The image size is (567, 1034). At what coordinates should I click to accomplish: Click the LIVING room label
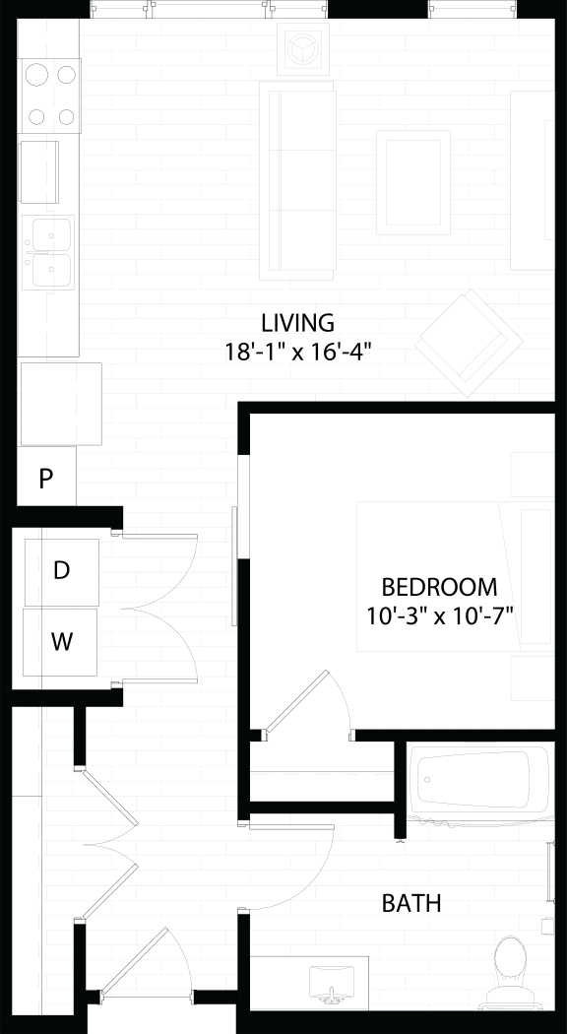298,323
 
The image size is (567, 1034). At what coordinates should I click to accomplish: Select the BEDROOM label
439,586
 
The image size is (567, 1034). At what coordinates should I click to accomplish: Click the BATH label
411,903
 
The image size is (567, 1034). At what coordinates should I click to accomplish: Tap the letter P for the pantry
45,479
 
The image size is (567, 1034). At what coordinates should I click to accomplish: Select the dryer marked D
61,572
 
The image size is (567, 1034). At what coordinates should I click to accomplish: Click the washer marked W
61,642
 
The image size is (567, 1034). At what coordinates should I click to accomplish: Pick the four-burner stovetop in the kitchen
51,96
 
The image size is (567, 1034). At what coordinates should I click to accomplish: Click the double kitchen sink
47,252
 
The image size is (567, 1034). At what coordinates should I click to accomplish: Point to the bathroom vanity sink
331,981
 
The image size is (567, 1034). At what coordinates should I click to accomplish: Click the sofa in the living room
297,180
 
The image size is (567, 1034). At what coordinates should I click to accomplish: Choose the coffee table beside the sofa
413,182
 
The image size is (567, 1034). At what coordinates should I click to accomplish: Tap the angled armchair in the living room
469,344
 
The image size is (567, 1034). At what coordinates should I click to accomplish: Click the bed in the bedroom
455,576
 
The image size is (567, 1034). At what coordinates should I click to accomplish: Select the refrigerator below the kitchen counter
61,404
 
